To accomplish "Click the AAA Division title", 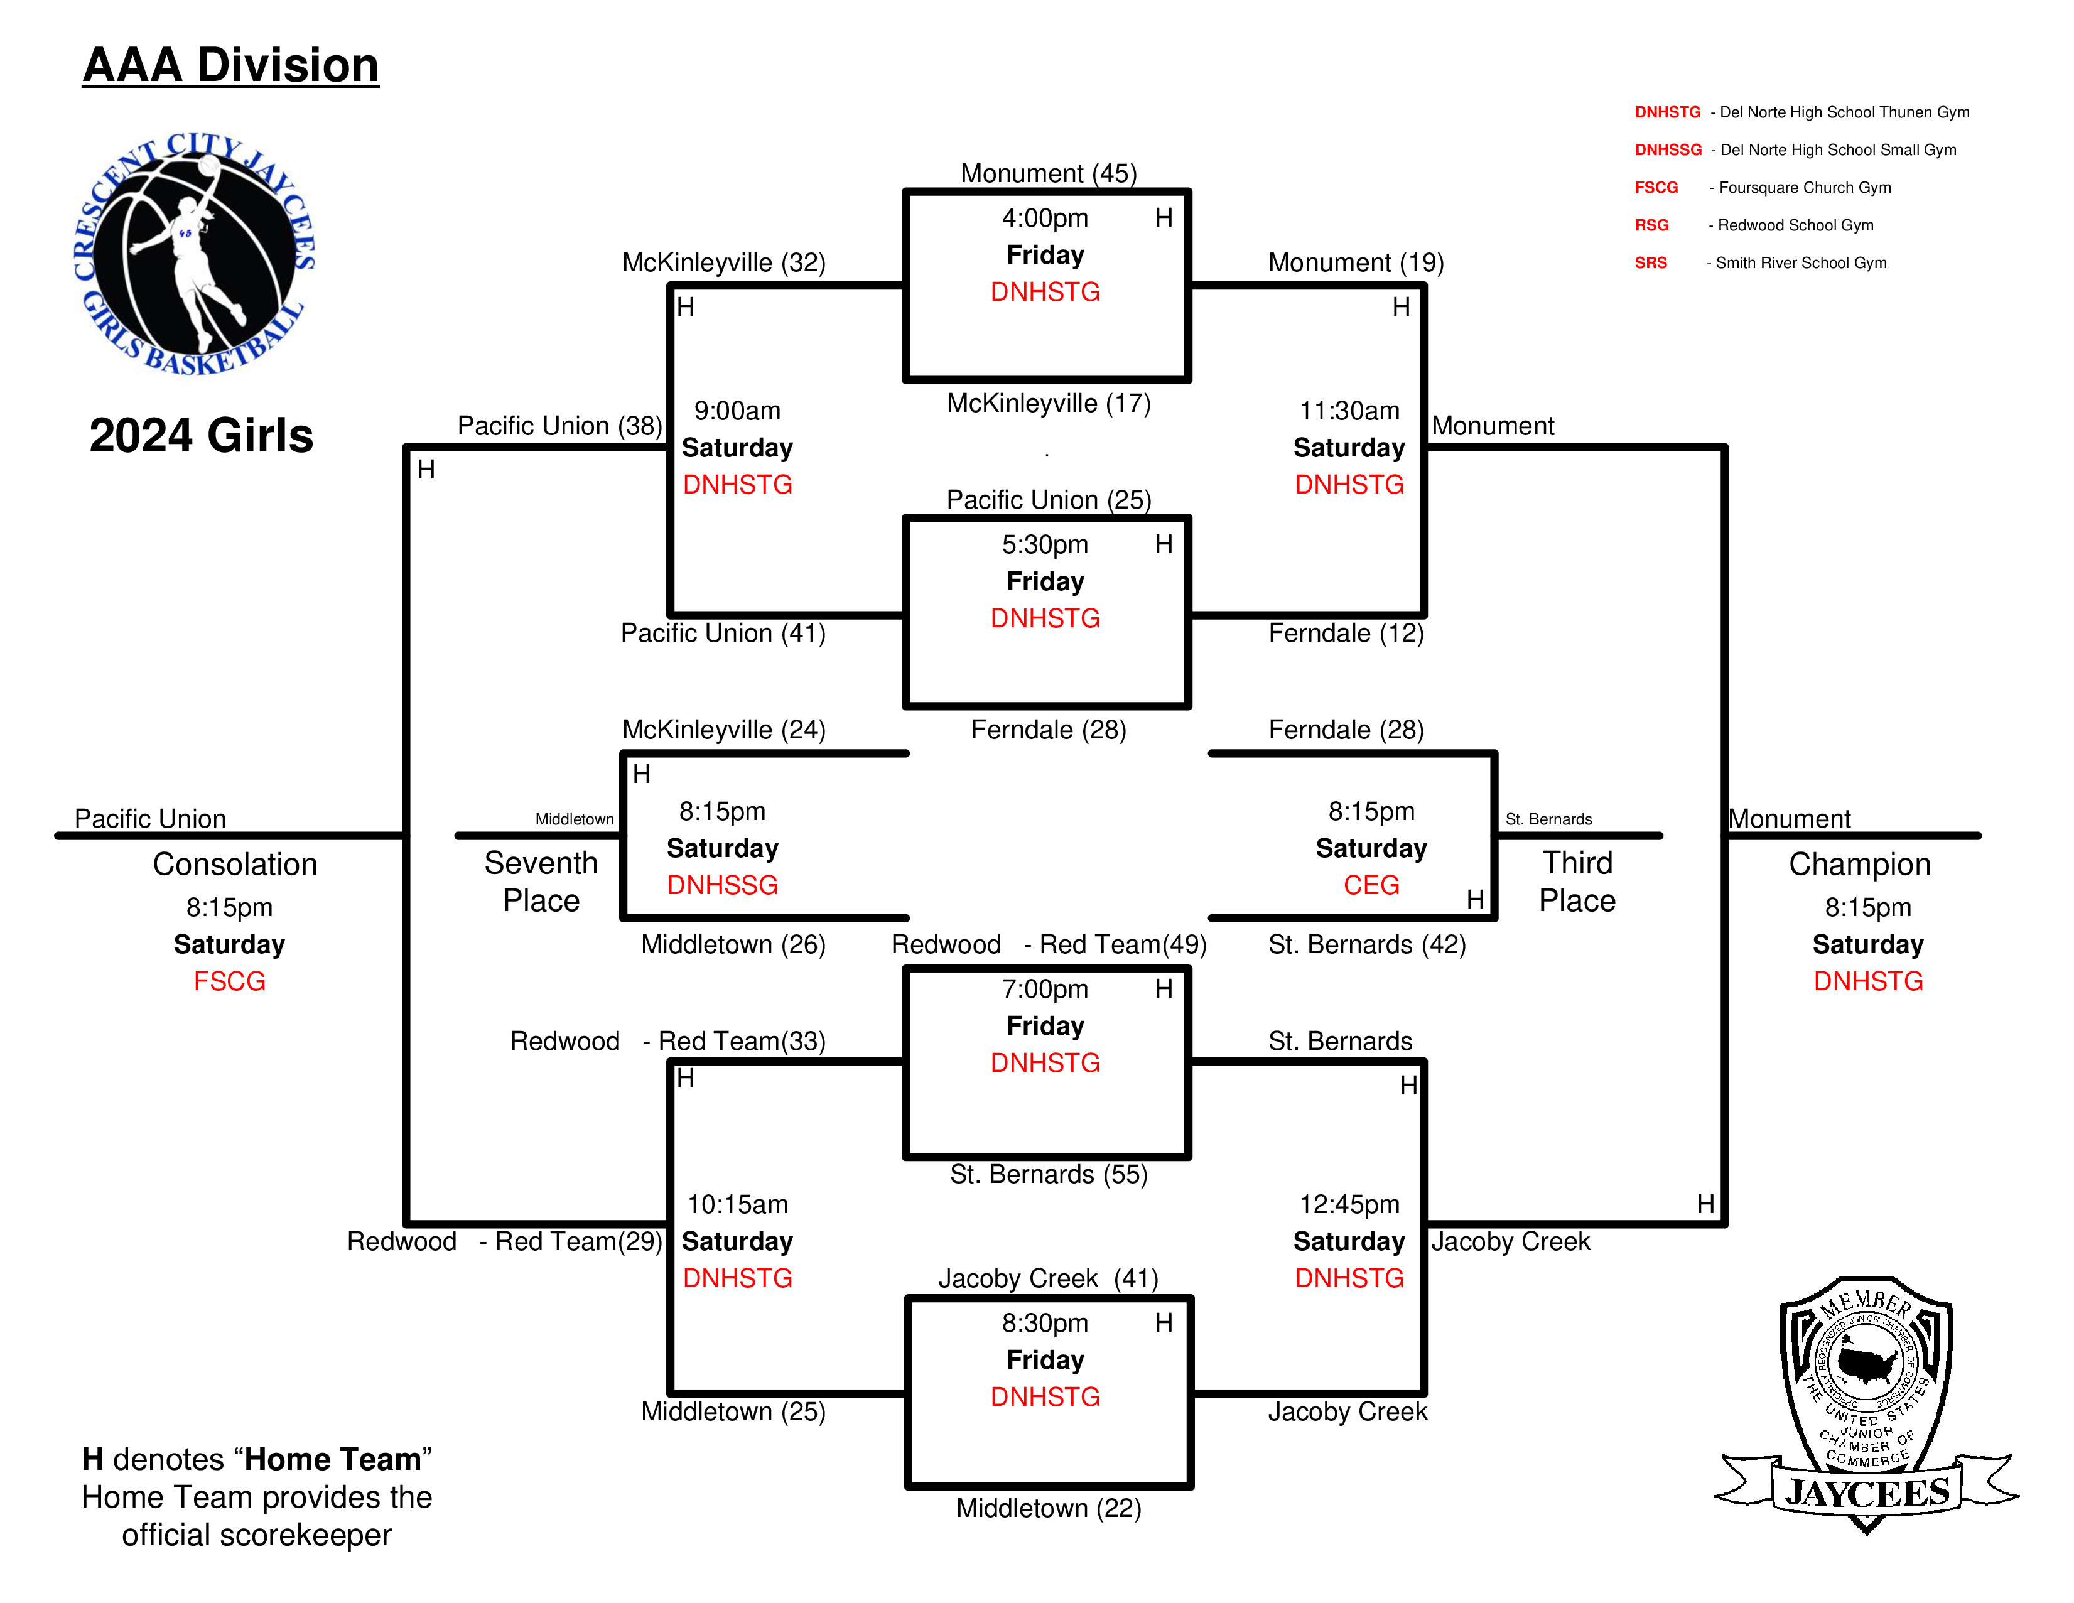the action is click(231, 65).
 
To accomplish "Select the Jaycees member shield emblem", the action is click(1866, 1405).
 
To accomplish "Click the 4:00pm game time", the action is click(1045, 219).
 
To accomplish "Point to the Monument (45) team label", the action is click(1049, 174).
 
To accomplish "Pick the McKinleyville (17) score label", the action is click(1049, 404).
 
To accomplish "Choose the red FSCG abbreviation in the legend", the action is click(1656, 188).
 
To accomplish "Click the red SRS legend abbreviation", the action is click(1650, 263).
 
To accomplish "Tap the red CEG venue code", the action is click(1371, 885).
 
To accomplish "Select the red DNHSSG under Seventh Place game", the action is click(723, 885).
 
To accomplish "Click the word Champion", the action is click(1859, 864).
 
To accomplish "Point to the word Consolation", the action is click(235, 864).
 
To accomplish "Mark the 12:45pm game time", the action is click(1349, 1204).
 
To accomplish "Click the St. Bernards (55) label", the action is click(1049, 1175).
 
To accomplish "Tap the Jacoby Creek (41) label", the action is click(1049, 1279).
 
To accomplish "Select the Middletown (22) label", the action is click(1049, 1508).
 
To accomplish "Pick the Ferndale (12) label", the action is click(1346, 634).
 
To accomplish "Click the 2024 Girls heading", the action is click(202, 436).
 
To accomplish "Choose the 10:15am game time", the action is click(738, 1204).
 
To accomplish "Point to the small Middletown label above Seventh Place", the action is click(575, 819).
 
